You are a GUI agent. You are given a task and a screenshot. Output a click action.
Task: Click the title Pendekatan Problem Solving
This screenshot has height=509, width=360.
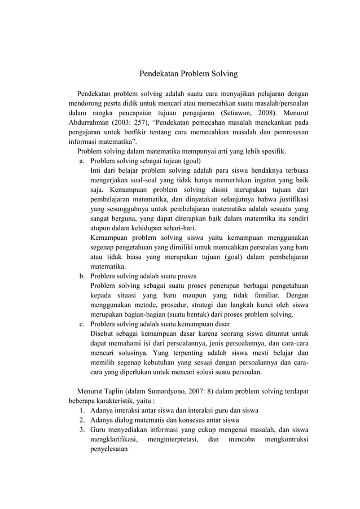pyautogui.click(x=180, y=73)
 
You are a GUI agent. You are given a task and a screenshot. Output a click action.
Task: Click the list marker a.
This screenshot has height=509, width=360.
pyautogui.click(x=82, y=161)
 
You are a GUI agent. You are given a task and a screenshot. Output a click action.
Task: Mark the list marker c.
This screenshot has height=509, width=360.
pyautogui.click(x=82, y=324)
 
